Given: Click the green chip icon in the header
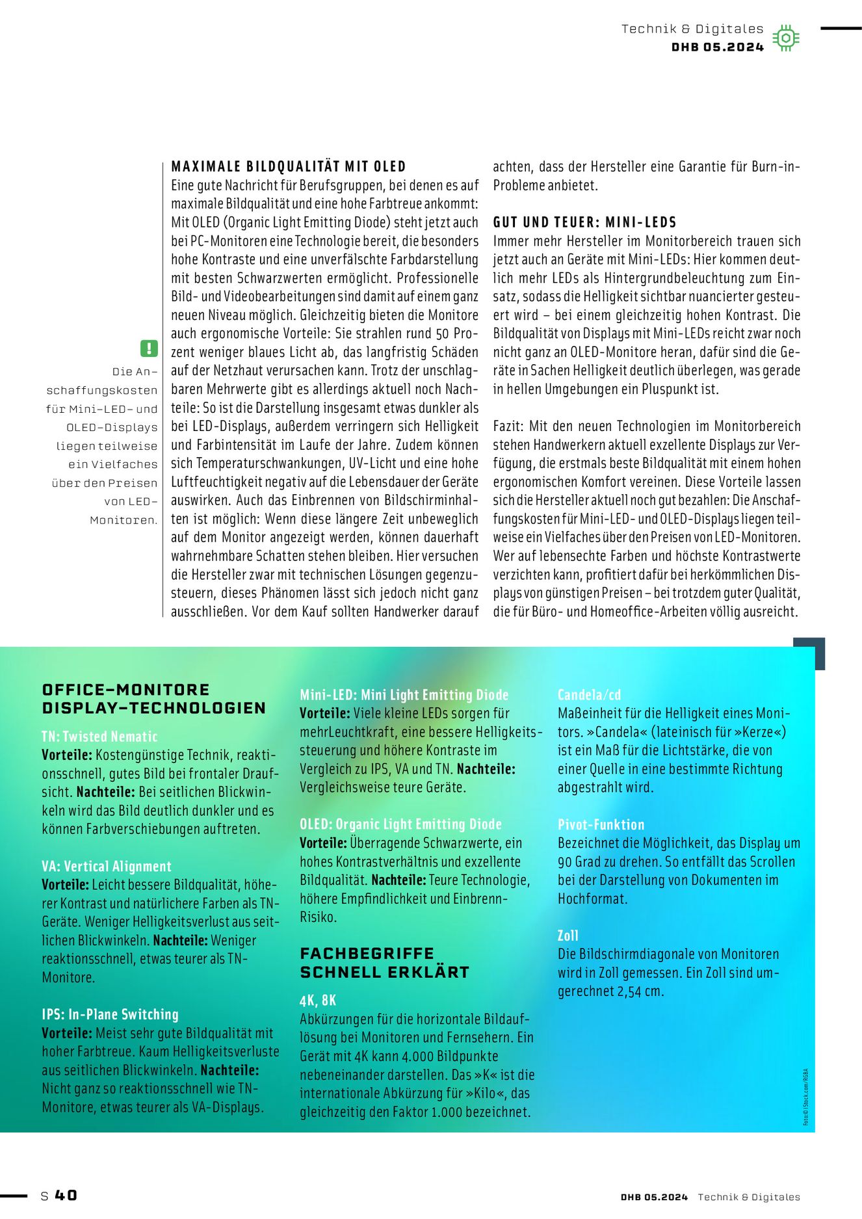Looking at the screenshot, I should [x=786, y=38].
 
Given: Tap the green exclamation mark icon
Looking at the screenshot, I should [x=149, y=348].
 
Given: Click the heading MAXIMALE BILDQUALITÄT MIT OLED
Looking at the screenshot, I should [x=288, y=166].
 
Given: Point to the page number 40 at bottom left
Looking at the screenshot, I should [x=66, y=1195].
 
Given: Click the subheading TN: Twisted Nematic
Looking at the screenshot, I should [x=99, y=737].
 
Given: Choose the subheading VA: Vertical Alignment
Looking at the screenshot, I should [x=107, y=866].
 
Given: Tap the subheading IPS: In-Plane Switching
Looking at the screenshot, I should [x=110, y=1014].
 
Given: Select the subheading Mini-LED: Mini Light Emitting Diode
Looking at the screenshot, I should [x=404, y=695].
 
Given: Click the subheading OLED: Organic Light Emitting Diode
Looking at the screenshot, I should [x=400, y=824].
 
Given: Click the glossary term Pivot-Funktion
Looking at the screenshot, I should [x=601, y=824].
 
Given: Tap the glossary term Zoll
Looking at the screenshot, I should [x=568, y=936].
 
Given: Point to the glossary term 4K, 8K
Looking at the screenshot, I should [x=318, y=1000].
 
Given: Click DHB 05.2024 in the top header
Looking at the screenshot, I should [x=717, y=47].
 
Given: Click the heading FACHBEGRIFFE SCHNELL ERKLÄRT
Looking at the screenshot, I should [x=384, y=963].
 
